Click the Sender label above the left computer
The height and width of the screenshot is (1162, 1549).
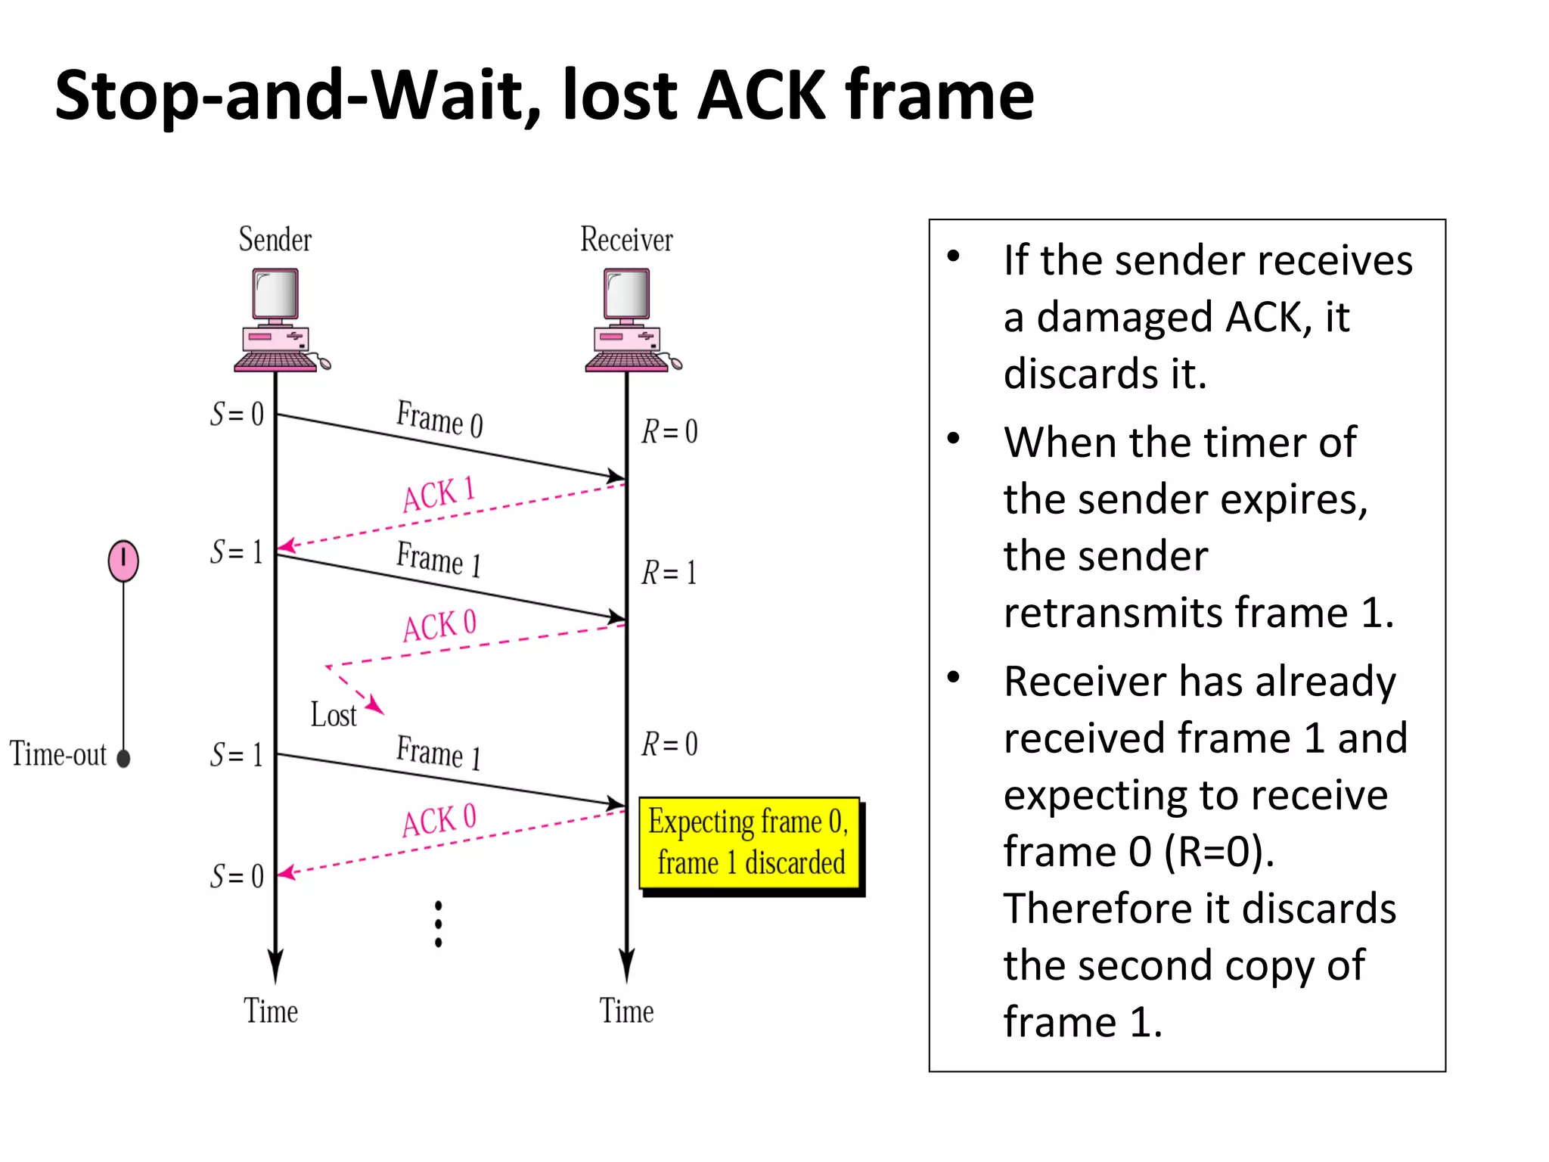coord(275,240)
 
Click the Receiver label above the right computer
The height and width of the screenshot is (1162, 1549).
coord(626,240)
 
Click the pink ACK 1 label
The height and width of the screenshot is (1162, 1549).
coord(439,495)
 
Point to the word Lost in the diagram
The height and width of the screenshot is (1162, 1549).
coord(333,715)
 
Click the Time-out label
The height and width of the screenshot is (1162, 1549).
coord(58,754)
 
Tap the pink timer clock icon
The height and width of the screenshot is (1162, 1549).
coord(123,561)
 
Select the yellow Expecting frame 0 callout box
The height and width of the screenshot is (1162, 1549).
coord(749,843)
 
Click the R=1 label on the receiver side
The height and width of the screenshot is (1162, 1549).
coord(669,573)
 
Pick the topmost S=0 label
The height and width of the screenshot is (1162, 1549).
coord(237,415)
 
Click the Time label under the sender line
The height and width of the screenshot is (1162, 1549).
coord(271,1011)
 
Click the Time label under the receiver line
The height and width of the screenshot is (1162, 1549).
coord(626,1011)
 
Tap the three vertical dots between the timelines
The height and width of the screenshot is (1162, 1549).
coord(439,924)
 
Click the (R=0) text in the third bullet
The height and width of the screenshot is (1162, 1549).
coord(1218,852)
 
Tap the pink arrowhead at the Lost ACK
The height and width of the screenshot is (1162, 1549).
coord(375,707)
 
